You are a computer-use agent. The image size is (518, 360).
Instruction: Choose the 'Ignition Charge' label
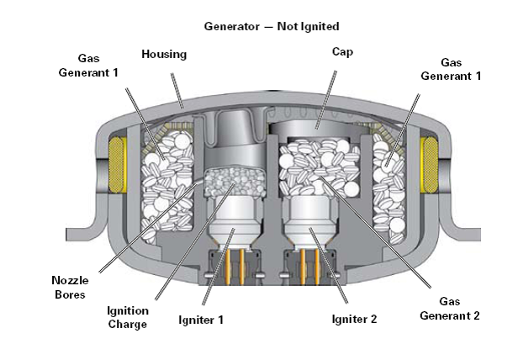click(127, 317)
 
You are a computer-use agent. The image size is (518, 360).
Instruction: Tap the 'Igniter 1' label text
click(200, 319)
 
